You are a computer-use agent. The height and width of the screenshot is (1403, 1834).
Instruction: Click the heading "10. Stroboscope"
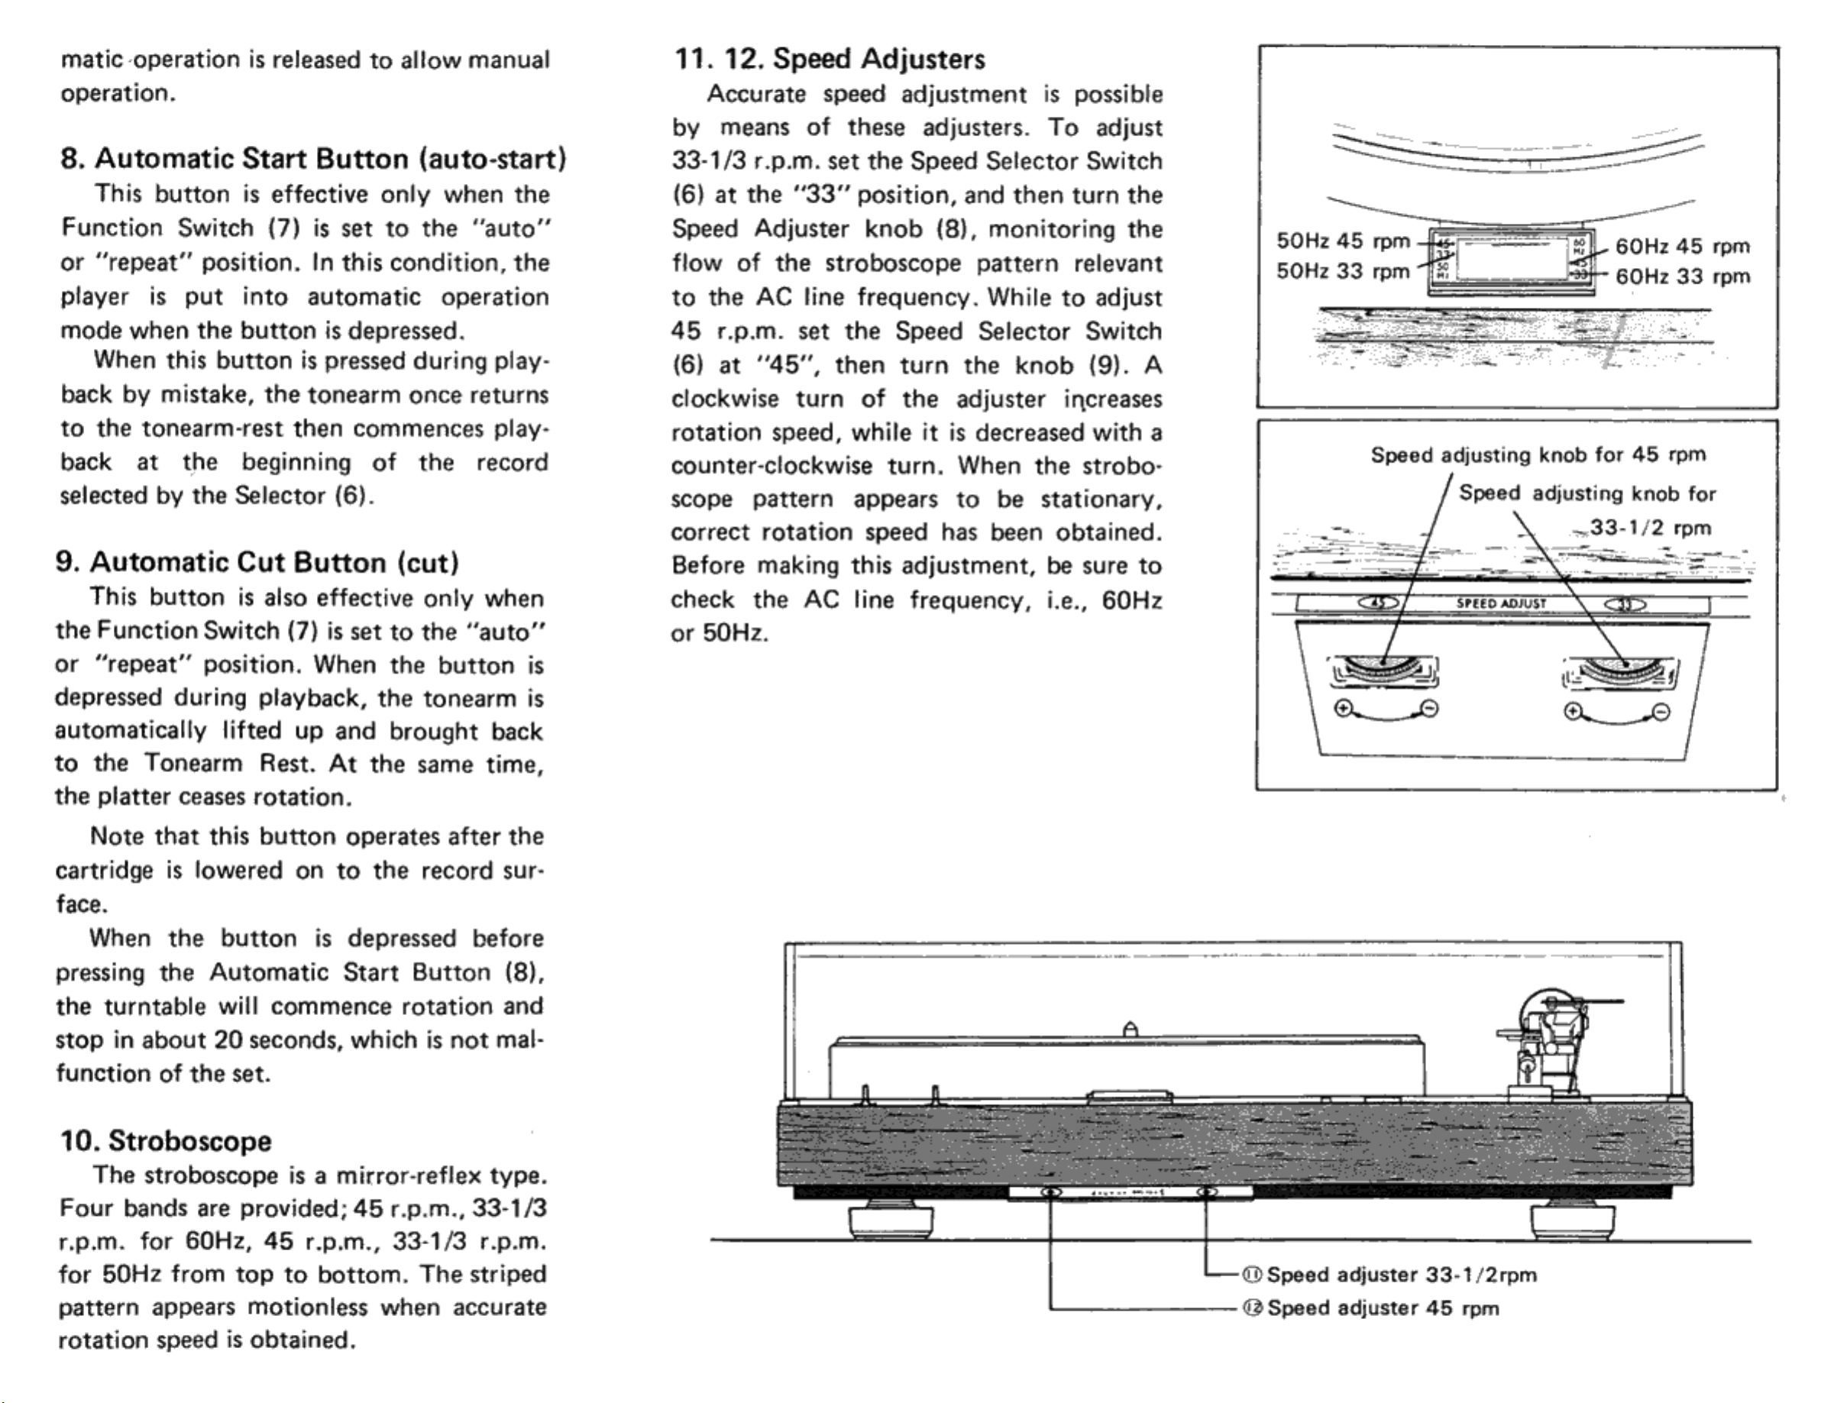pyautogui.click(x=165, y=1141)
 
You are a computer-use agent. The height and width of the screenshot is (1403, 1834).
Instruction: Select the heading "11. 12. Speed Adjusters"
pyautogui.click(x=830, y=60)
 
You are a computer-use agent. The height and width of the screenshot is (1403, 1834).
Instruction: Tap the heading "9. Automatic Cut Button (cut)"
pyautogui.click(x=257, y=562)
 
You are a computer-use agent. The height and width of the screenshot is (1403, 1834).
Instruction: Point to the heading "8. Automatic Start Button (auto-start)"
pyautogui.click(x=313, y=159)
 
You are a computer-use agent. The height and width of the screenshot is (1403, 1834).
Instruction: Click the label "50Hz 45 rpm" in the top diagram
pyautogui.click(x=1342, y=241)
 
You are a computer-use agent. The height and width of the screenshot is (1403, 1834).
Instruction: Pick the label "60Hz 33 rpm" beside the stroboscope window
pyautogui.click(x=1682, y=276)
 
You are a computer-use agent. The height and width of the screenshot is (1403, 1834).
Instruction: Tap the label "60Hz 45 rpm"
pyautogui.click(x=1682, y=247)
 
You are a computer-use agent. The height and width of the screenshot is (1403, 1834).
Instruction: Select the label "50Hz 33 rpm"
pyautogui.click(x=1342, y=271)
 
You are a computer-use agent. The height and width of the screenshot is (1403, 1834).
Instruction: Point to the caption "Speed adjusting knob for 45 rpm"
pyautogui.click(x=1538, y=455)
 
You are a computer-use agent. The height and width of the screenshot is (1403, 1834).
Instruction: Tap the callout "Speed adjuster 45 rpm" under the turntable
pyautogui.click(x=1382, y=1308)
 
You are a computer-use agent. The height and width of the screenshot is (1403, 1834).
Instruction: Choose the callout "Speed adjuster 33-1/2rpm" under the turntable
pyautogui.click(x=1402, y=1275)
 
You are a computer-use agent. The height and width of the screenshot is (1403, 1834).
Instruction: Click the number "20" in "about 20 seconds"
pyautogui.click(x=227, y=1039)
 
